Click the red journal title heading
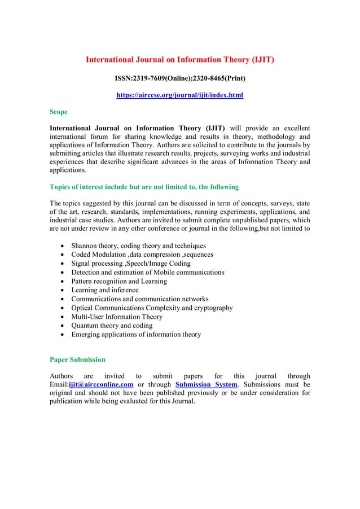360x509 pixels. click(179, 59)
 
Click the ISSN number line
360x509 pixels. click(179, 77)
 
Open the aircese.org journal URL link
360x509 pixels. click(179, 96)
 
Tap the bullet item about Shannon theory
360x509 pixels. click(138, 246)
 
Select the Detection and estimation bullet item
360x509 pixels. click(148, 273)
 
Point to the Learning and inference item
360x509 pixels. click(105, 290)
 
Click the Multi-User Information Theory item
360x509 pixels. click(116, 317)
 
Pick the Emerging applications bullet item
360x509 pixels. click(135, 335)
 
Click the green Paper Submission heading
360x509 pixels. click(77, 359)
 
